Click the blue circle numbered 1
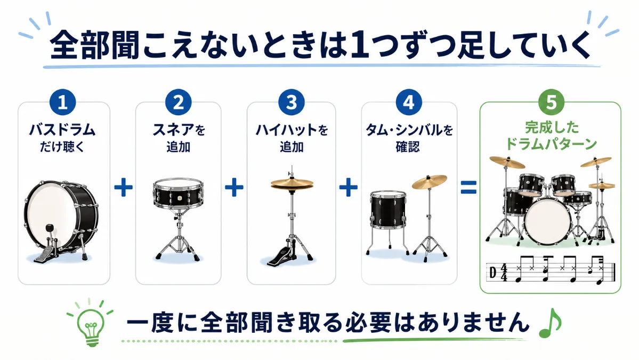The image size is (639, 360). point(63,102)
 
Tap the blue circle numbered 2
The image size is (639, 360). point(179,102)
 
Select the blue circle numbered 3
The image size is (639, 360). point(292,102)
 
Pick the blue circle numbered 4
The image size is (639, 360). point(409,102)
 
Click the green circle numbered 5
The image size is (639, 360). point(551,102)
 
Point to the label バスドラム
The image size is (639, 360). point(62,130)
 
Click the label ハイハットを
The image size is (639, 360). point(292,130)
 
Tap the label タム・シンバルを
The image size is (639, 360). point(409,130)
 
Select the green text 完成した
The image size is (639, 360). point(552,127)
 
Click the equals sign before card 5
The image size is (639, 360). point(468,188)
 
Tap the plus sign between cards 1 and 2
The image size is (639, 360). point(123,188)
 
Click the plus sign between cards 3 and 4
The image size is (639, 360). point(349,188)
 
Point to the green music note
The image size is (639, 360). point(550,323)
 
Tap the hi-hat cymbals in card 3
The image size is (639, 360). point(292,183)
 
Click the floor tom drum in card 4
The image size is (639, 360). point(388,210)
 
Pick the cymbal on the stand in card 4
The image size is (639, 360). point(430,182)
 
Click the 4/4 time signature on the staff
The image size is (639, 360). point(504,273)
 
